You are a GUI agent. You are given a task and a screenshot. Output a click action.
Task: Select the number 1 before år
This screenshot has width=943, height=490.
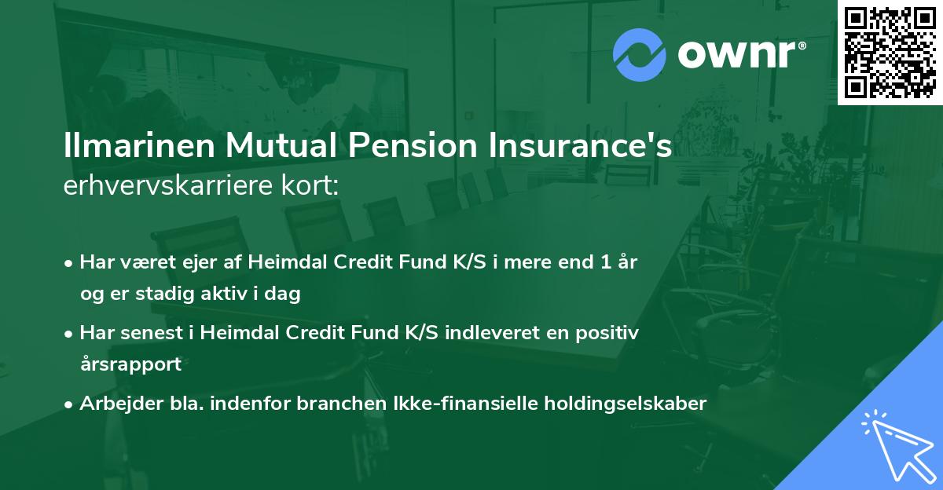(605, 262)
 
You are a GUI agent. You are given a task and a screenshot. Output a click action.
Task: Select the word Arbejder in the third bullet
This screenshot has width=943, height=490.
(113, 404)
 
